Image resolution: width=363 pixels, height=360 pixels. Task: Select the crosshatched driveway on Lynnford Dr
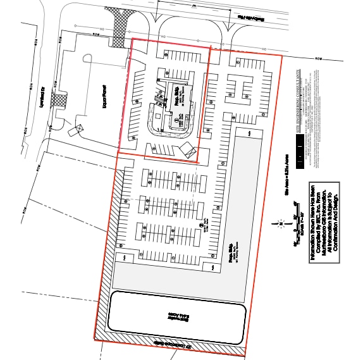tap(60, 98)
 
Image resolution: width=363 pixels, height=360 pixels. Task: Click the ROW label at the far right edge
tap(319, 58)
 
